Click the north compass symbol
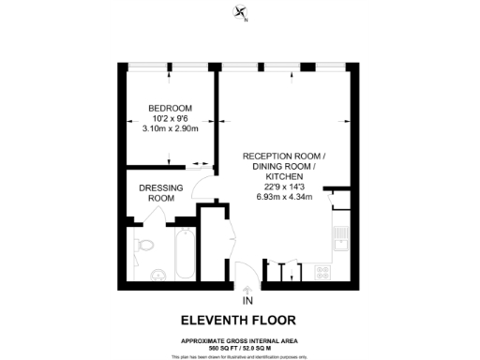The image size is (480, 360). click(x=241, y=13)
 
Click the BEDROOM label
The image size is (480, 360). click(x=170, y=108)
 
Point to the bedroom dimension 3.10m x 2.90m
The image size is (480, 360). click(x=170, y=128)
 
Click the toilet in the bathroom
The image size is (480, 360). click(x=145, y=246)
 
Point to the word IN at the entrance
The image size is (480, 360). click(x=247, y=301)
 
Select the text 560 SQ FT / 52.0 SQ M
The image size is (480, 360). click(x=240, y=347)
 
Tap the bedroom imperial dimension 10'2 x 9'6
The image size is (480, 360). click(x=170, y=118)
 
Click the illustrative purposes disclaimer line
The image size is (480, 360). click(x=240, y=356)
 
